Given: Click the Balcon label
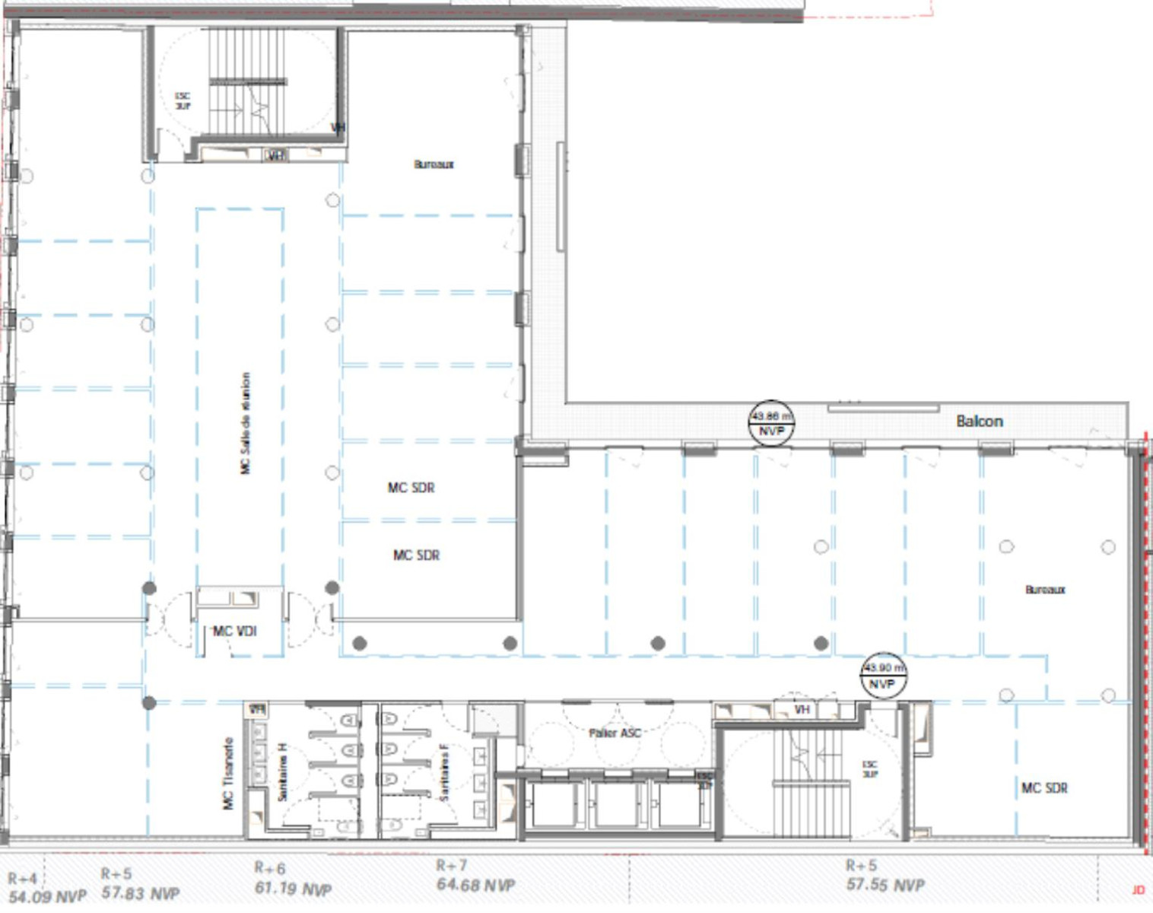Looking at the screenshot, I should [980, 421].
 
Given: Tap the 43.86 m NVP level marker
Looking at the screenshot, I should [772, 423].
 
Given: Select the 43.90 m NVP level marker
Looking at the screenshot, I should [883, 675].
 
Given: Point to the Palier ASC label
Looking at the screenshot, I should [615, 733].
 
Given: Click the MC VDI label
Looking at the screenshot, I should [235, 631].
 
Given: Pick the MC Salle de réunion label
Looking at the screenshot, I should [245, 423].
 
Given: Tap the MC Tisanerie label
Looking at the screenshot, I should [228, 773].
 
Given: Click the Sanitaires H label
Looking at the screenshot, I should [282, 771].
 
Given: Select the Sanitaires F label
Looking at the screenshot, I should [444, 771].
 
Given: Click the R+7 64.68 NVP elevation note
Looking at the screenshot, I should [475, 876].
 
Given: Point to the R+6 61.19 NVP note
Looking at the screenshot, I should [293, 879].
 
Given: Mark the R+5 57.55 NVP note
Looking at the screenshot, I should [885, 876].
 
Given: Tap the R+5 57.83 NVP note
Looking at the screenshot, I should [140, 884].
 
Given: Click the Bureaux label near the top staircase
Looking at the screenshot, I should [434, 164].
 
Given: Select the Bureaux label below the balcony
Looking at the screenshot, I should [1045, 590].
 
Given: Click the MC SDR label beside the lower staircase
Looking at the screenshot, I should [1044, 788].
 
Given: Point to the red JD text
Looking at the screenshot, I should [1138, 890].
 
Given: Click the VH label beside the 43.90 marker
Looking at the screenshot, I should [802, 710].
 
